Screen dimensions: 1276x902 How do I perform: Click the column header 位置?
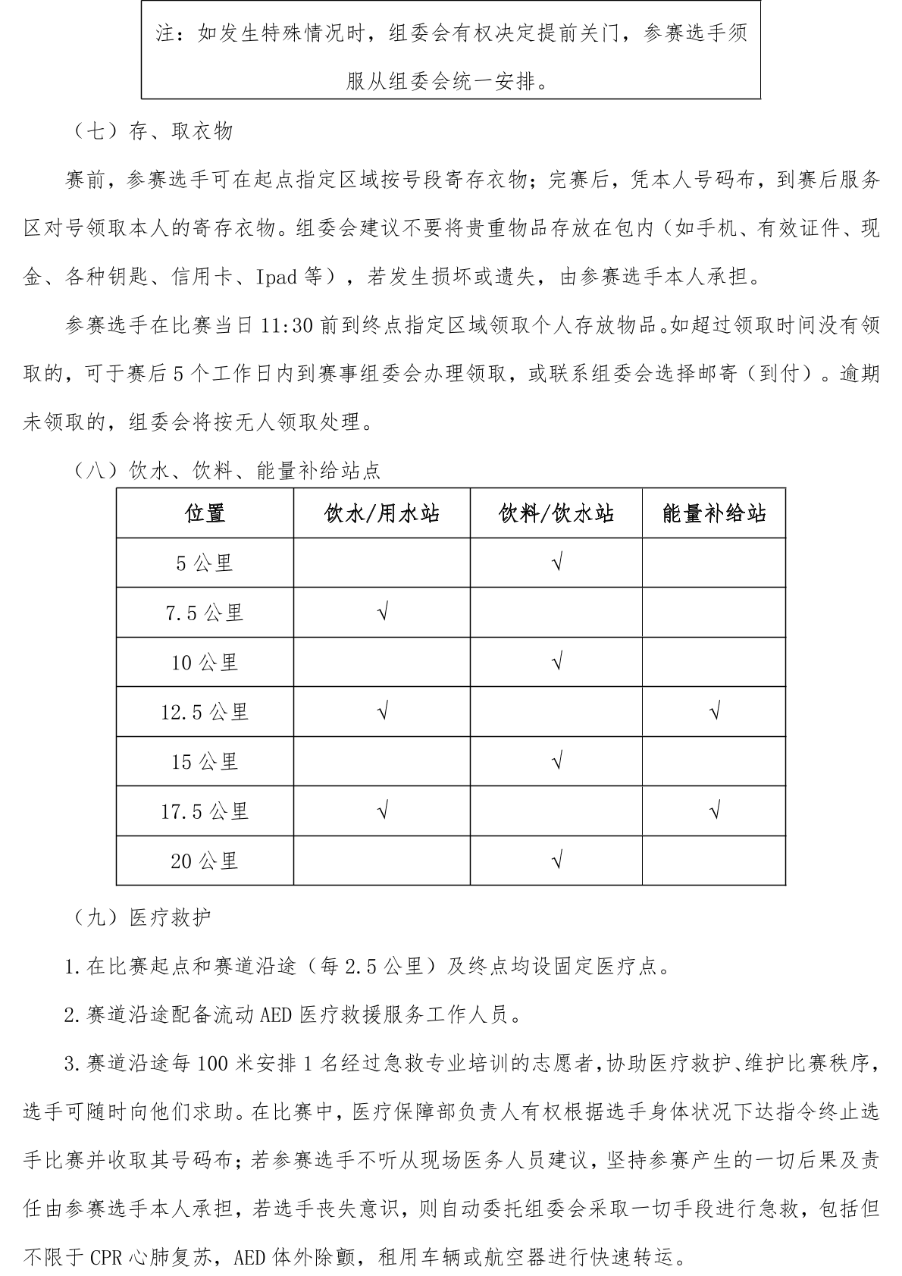(x=205, y=514)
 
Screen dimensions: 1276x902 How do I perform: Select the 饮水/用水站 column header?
(x=382, y=514)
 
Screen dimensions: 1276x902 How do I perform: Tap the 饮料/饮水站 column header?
(x=556, y=514)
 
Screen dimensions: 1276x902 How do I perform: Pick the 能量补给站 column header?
(x=714, y=514)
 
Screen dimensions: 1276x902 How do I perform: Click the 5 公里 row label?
(x=205, y=563)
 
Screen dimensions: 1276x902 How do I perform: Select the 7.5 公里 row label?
(x=205, y=613)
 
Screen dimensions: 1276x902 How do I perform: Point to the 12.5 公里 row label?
(x=205, y=712)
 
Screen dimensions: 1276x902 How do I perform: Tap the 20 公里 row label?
(x=205, y=861)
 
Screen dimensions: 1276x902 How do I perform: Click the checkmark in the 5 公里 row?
(x=557, y=563)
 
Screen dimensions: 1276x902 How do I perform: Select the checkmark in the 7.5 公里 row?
(x=383, y=613)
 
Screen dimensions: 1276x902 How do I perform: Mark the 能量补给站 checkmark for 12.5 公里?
(x=714, y=712)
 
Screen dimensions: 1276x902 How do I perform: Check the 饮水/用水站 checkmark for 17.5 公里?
(x=383, y=811)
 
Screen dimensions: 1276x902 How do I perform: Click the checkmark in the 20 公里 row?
(x=557, y=861)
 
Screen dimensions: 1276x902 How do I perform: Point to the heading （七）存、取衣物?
(x=151, y=132)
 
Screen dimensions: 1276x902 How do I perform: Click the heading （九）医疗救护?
(x=140, y=917)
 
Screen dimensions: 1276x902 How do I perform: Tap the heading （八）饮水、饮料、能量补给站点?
(x=225, y=472)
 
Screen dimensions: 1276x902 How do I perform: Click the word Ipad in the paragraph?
(x=276, y=277)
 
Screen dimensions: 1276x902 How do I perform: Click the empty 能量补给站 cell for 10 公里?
(x=714, y=662)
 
